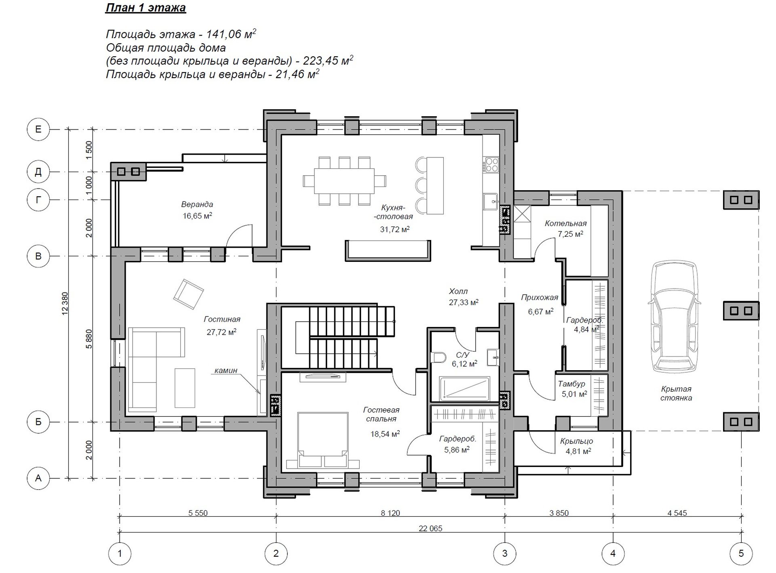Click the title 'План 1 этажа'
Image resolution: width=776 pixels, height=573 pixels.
(145, 8)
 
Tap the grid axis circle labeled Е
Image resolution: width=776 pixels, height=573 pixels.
(38, 129)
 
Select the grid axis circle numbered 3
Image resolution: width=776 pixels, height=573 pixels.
(505, 553)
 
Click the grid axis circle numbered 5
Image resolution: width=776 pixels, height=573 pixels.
(741, 553)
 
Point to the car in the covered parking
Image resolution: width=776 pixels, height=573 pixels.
(675, 316)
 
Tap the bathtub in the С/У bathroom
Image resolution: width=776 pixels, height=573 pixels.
(464, 389)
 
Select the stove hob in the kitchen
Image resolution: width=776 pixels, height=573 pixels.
(491, 165)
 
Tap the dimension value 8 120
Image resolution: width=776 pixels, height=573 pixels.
(390, 513)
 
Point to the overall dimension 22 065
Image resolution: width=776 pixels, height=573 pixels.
(431, 528)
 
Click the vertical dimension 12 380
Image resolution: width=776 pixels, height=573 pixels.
(65, 303)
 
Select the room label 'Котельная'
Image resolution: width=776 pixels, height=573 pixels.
(565, 223)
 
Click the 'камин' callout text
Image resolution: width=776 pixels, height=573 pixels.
(226, 370)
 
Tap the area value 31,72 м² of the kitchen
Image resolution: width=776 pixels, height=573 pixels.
(395, 229)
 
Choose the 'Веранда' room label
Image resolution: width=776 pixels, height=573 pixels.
(197, 204)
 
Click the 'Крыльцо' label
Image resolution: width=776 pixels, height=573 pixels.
(576, 441)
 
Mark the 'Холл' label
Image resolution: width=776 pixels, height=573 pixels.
(458, 291)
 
